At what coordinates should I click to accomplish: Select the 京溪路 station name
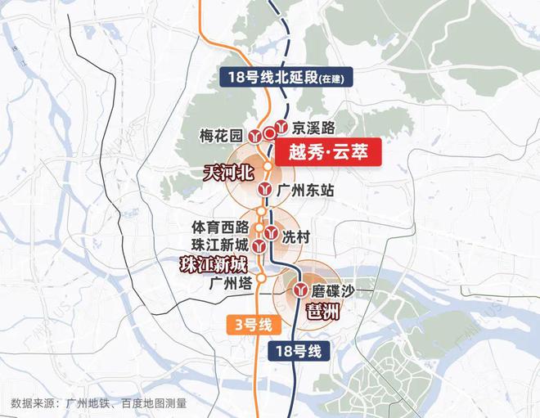click(314, 128)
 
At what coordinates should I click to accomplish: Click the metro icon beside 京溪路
click(281, 127)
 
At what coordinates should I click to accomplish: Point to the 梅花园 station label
click(223, 135)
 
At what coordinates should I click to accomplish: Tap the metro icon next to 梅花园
click(256, 136)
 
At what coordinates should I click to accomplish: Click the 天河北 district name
click(230, 173)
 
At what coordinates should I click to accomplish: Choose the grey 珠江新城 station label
click(218, 244)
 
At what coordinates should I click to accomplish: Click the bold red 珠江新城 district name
click(213, 263)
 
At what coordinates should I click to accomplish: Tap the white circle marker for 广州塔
click(259, 278)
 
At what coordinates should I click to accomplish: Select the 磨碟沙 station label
click(331, 290)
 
